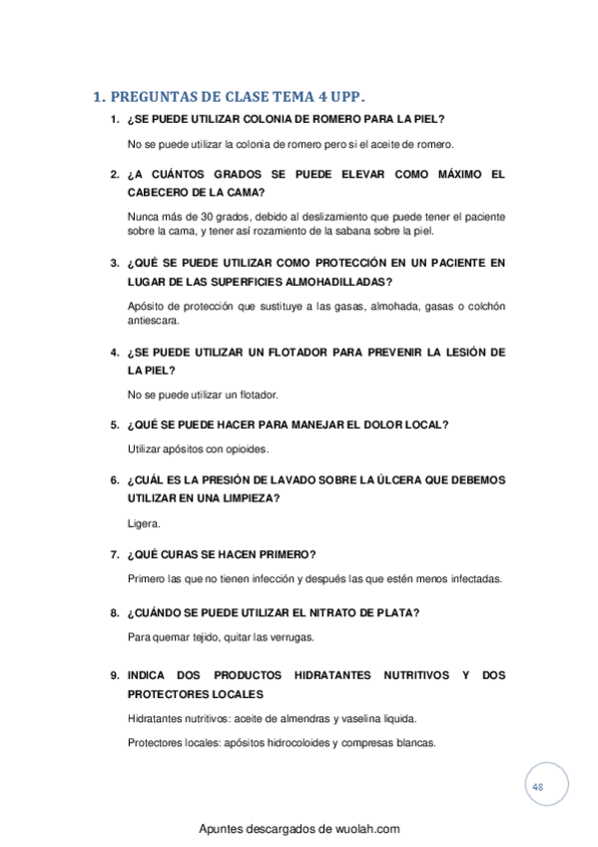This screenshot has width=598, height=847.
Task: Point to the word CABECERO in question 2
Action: (x=161, y=192)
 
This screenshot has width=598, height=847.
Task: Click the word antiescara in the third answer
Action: (x=154, y=323)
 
